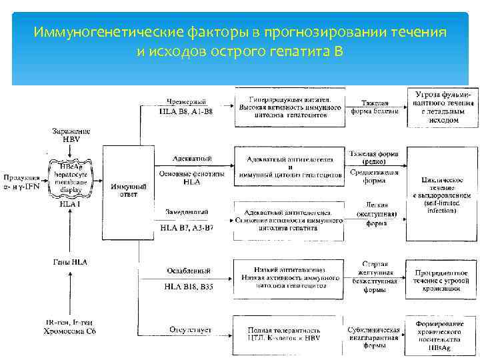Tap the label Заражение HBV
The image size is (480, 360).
71,135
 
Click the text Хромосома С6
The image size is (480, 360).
69,330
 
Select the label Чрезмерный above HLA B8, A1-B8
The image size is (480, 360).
186,101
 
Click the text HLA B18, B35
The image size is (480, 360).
188,287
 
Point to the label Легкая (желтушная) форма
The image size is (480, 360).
377,214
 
